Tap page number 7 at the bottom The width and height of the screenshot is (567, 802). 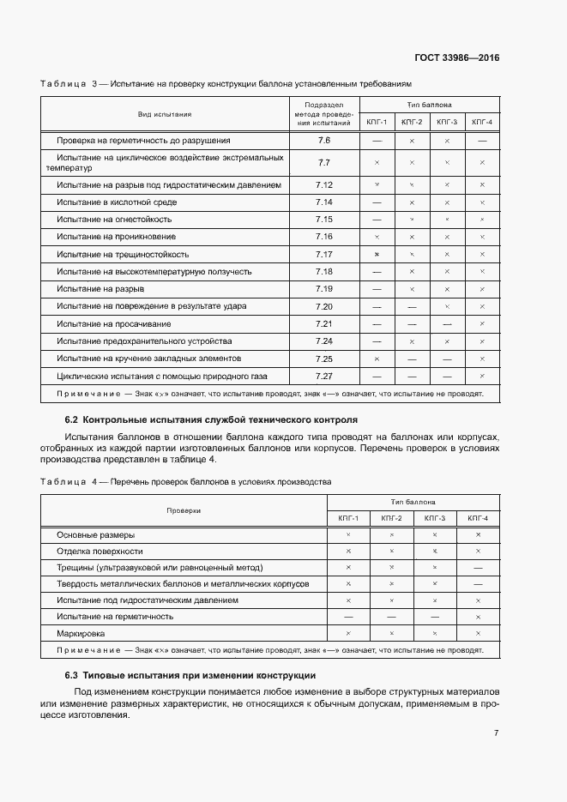pyautogui.click(x=497, y=733)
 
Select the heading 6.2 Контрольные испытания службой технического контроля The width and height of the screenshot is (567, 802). pyautogui.click(x=211, y=420)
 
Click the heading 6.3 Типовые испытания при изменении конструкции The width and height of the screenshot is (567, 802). pyautogui.click(x=190, y=675)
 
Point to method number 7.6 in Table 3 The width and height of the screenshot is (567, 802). pyautogui.click(x=323, y=140)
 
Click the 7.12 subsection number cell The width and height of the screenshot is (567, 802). pyautogui.click(x=323, y=184)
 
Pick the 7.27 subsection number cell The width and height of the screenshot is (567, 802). pyautogui.click(x=323, y=376)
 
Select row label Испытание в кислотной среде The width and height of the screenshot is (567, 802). pyautogui.click(x=117, y=202)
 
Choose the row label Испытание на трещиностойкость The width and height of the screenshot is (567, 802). pyautogui.click(x=123, y=254)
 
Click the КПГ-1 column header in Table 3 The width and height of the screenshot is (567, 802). pyautogui.click(x=377, y=122)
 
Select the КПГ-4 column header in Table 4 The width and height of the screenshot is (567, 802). pyautogui.click(x=478, y=518)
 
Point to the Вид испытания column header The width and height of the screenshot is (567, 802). pyautogui.click(x=165, y=113)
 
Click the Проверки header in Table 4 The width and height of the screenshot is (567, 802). pyautogui.click(x=184, y=510)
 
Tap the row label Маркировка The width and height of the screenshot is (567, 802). pyautogui.click(x=81, y=633)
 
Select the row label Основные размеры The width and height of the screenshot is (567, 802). pyautogui.click(x=95, y=534)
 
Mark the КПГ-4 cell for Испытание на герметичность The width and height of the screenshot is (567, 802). pyautogui.click(x=478, y=616)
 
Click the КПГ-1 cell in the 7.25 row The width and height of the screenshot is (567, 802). pyautogui.click(x=377, y=359)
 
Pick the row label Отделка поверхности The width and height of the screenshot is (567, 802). pyautogui.click(x=100, y=551)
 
